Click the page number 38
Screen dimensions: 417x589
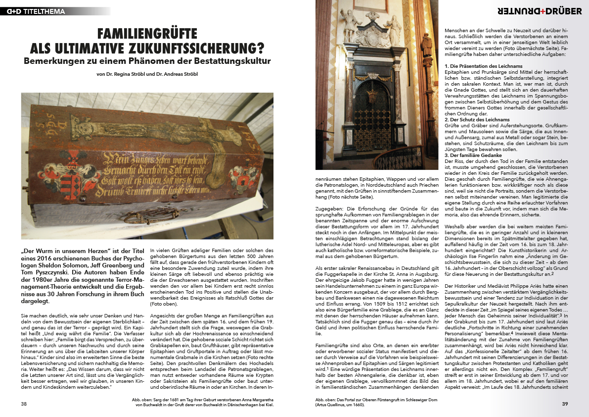coord(24,404)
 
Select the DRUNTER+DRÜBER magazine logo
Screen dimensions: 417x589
coord(540,11)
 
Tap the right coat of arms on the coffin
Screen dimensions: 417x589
coord(242,175)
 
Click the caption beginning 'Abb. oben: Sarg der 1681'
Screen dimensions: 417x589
coord(203,402)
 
